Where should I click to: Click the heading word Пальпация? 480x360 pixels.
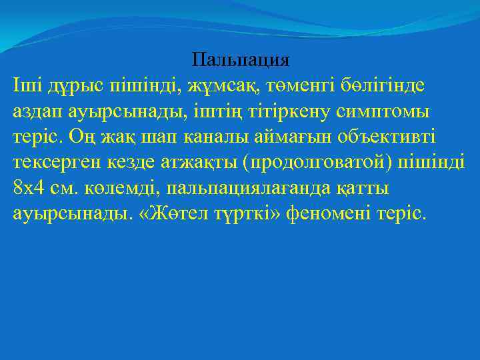click(240, 60)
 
